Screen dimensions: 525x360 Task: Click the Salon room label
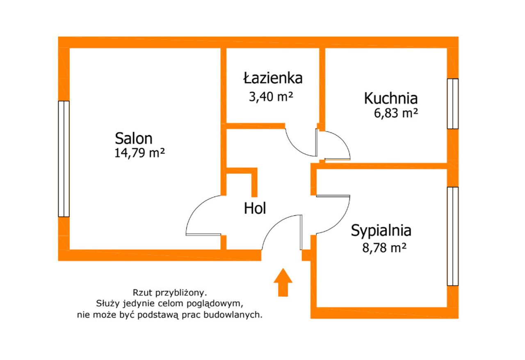[x=134, y=138]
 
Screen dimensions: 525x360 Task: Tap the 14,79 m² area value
[x=140, y=153]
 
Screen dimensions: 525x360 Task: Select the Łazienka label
[x=273, y=78]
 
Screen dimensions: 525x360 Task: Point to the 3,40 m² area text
[x=271, y=96]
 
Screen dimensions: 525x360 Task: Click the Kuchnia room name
[x=391, y=98]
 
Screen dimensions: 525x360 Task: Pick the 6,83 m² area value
[x=396, y=113]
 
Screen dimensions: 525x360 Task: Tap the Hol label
[x=255, y=208]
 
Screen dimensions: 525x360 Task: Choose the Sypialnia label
[x=381, y=231]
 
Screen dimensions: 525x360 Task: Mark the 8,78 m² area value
[x=384, y=248]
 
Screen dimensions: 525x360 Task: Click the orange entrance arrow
[x=283, y=282]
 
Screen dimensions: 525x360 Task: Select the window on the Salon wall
[x=64, y=159]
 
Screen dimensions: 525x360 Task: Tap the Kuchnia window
[x=453, y=104]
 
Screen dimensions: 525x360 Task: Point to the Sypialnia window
[x=453, y=236]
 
